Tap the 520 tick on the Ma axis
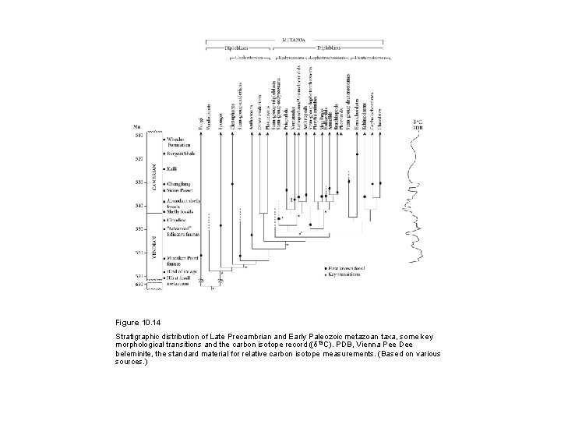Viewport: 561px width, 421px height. (139, 159)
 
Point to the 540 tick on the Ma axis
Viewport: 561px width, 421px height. (139, 207)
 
